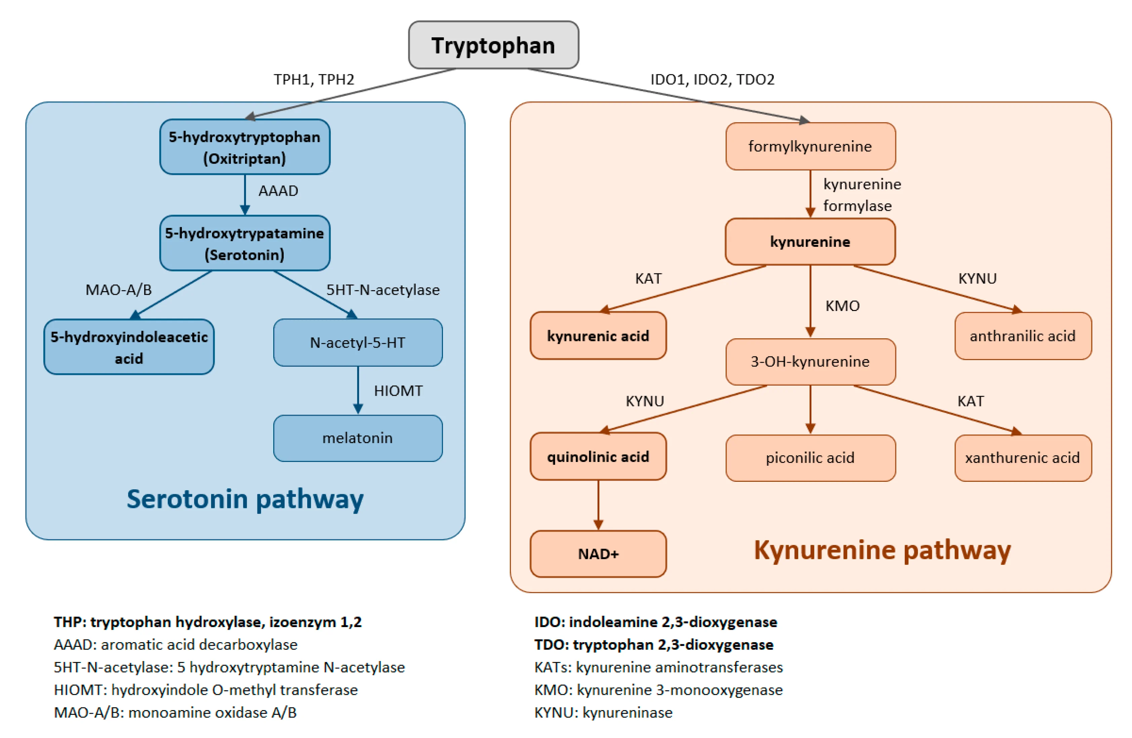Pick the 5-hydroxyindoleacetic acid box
click(129, 347)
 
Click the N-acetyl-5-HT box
click(358, 343)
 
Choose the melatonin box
click(358, 438)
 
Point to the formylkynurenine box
click(810, 146)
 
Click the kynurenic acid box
click(598, 336)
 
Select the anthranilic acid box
click(1023, 336)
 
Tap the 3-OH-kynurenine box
click(810, 362)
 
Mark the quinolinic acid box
click(598, 457)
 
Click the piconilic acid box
click(810, 458)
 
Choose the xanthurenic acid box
click(1023, 458)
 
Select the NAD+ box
click(598, 554)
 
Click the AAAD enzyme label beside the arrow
click(278, 191)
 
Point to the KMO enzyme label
click(842, 306)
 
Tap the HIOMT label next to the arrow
click(398, 391)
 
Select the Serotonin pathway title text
click(245, 499)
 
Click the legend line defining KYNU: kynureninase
click(603, 712)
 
